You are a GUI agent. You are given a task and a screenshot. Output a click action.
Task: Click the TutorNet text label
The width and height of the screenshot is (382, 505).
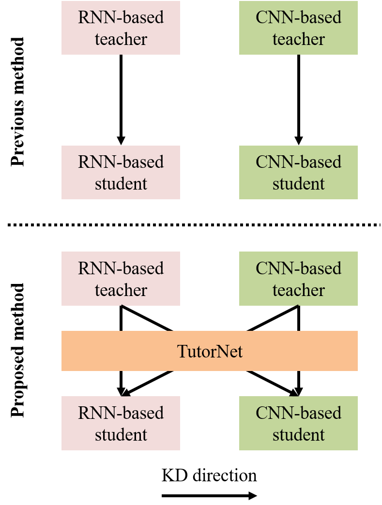pos(210,351)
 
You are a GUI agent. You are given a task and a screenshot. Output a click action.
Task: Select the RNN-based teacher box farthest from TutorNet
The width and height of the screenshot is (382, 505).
pos(121,28)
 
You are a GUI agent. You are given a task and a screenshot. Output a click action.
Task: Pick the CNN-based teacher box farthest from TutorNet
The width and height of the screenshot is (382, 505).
pos(298,28)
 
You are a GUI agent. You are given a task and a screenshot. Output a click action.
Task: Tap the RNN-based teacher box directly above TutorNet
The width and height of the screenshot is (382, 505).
pos(121,279)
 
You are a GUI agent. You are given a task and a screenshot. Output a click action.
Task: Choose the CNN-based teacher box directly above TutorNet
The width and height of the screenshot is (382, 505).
pos(298,279)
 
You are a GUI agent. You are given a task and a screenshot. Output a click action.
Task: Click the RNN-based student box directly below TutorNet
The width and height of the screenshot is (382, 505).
pos(121,423)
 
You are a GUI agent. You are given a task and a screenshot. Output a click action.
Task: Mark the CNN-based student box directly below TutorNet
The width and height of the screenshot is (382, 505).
pos(298,423)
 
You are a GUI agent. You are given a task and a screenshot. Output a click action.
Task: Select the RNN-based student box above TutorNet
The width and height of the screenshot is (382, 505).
pos(121,172)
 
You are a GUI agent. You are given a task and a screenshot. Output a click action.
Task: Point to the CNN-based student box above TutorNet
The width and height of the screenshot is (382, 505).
pos(298,172)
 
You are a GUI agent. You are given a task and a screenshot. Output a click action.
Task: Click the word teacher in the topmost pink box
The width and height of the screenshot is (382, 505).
pos(121,39)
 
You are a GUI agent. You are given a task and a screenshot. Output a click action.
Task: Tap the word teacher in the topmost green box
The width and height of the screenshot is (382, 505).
pos(298,39)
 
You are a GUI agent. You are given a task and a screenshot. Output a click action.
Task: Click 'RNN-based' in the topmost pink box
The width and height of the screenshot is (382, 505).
pos(121,17)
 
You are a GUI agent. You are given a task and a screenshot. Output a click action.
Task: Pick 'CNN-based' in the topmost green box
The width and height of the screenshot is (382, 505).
pos(298,17)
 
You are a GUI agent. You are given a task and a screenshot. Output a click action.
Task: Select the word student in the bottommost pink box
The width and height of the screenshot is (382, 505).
pos(121,434)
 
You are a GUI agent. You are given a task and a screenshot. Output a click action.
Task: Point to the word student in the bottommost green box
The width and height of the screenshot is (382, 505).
pos(298,434)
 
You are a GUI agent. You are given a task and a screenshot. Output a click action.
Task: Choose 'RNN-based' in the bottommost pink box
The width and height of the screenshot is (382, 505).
pos(121,413)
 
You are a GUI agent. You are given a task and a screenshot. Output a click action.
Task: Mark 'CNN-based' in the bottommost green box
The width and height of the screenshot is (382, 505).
pos(298,413)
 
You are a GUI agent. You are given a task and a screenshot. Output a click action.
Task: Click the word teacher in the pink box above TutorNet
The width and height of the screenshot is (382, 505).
pos(121,290)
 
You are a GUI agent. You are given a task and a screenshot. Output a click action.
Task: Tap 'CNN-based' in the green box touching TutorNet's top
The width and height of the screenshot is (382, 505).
pos(298,268)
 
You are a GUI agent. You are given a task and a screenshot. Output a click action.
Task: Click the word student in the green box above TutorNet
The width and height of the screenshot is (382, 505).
pos(298,184)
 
